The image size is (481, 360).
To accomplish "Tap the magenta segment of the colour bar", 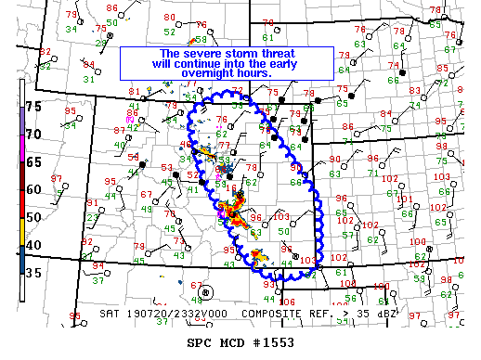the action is coord(21,139).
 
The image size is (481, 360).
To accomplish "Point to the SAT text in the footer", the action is coord(109,315).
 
